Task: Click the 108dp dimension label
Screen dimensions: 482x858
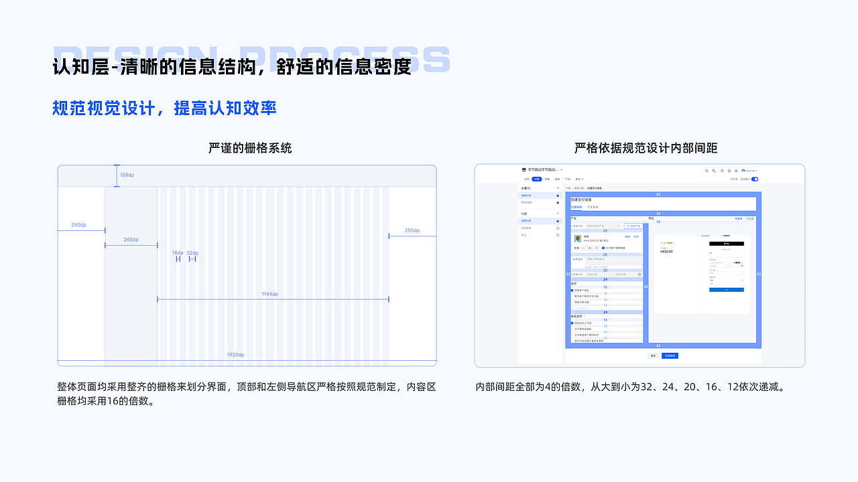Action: [127, 175]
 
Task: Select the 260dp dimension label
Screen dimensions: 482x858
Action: [131, 240]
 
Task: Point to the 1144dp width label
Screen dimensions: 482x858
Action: [270, 294]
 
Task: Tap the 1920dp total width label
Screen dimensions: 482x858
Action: [235, 355]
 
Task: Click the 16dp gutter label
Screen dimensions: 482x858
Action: [178, 253]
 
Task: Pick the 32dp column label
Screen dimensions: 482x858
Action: [192, 253]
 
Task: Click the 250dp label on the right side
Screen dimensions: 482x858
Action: [412, 230]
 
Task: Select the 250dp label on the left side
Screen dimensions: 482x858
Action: [79, 225]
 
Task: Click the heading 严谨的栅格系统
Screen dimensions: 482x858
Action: [250, 148]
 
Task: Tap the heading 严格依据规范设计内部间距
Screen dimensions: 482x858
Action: [646, 148]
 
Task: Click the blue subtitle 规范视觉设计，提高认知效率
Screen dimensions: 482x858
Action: [164, 108]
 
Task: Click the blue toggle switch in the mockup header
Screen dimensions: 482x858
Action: [755, 179]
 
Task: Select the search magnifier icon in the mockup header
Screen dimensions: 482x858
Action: [707, 171]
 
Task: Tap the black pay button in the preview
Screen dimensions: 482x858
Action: [727, 244]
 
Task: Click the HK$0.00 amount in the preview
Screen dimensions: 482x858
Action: [666, 252]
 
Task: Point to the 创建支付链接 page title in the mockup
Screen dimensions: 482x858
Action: [581, 199]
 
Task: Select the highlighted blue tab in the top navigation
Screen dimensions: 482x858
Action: [536, 179]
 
